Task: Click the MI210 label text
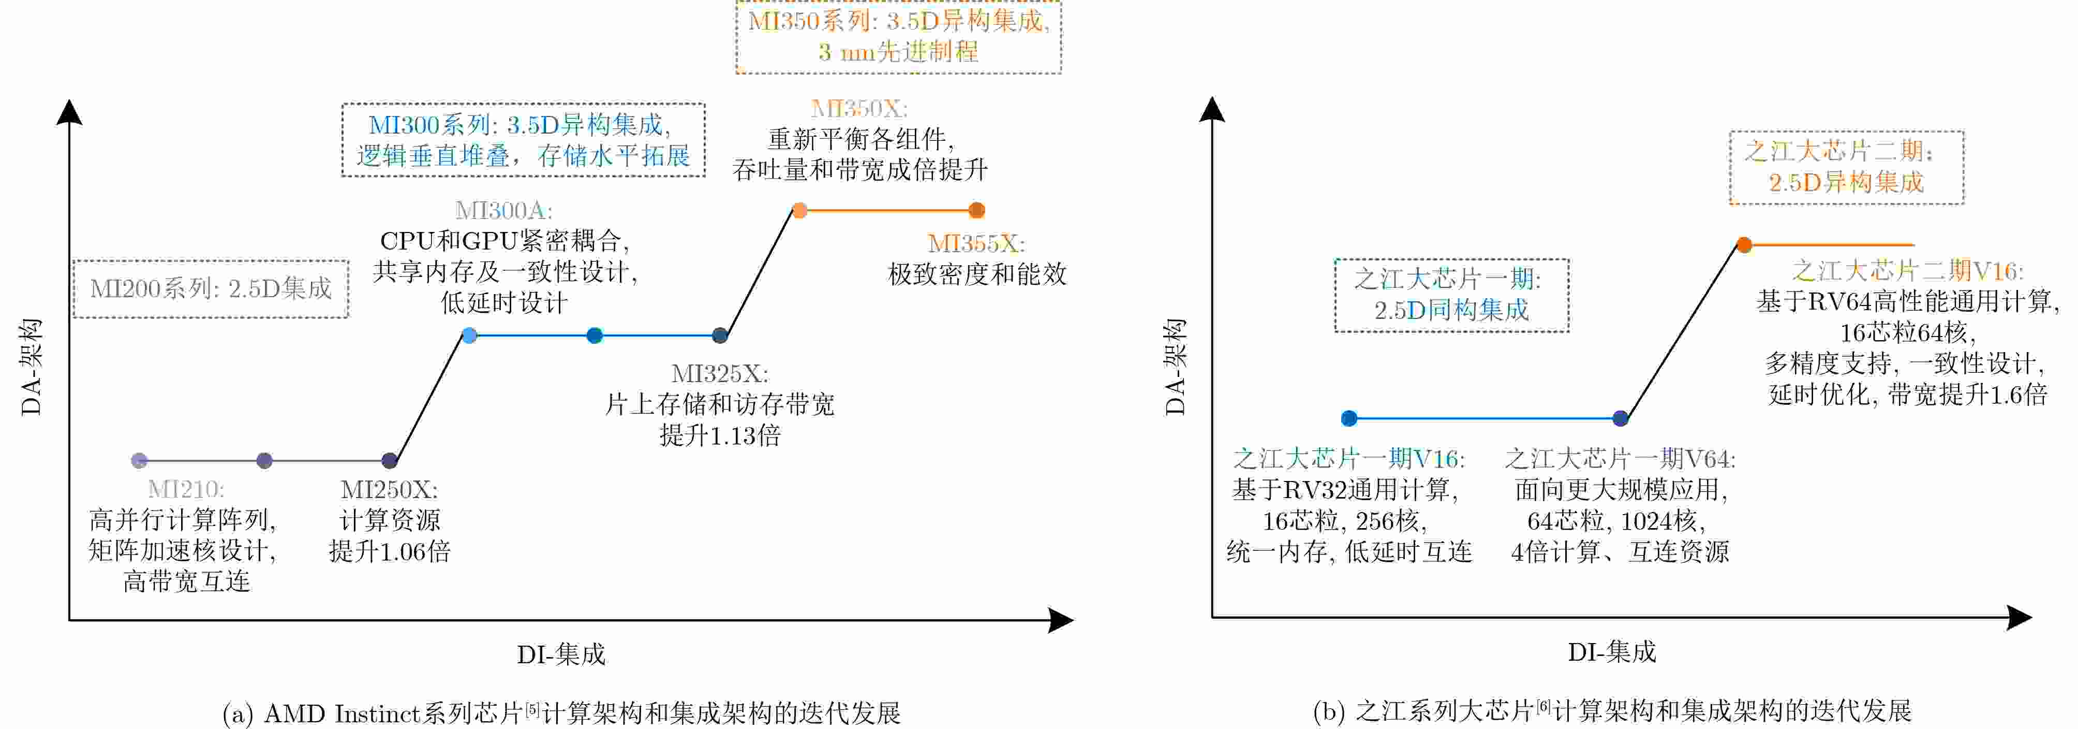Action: [x=186, y=489]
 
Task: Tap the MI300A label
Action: [x=503, y=211]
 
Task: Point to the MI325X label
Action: [x=720, y=374]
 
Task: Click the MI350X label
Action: [x=858, y=109]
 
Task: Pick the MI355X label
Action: [x=976, y=243]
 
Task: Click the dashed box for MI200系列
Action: [x=211, y=288]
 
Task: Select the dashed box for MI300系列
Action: [x=523, y=140]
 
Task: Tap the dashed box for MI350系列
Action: [x=898, y=37]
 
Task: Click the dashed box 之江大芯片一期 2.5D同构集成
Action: [x=1451, y=295]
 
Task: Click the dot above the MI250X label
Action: [x=390, y=460]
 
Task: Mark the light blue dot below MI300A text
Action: [x=469, y=335]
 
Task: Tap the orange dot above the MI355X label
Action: [x=976, y=211]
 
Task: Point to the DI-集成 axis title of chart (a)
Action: [x=561, y=654]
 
